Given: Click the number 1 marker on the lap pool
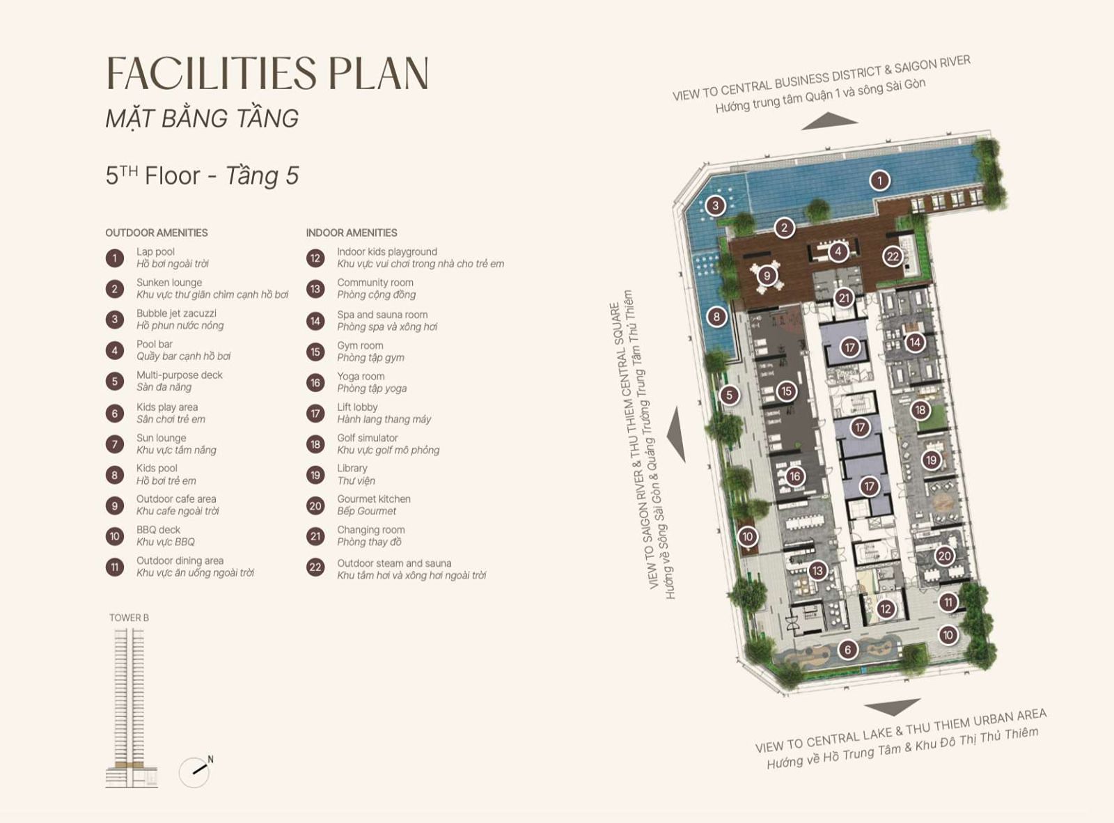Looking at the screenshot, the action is click(879, 180).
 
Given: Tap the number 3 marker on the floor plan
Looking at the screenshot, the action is click(715, 205).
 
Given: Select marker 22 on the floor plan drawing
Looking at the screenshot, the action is click(893, 257).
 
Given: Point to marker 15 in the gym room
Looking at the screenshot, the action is click(786, 391).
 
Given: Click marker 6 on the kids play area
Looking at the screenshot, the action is click(847, 650).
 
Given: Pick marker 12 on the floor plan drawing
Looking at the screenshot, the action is click(886, 609).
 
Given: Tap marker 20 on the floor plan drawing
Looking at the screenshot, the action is click(944, 556).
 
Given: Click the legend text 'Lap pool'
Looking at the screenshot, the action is click(156, 252).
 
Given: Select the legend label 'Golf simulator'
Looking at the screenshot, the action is click(367, 438).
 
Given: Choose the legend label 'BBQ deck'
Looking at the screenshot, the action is click(158, 530).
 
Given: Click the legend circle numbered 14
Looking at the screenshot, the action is click(315, 321).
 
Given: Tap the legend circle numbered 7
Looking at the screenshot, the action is click(114, 444).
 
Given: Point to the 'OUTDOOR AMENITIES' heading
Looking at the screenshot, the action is click(156, 233).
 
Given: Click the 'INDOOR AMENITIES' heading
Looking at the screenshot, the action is click(352, 233).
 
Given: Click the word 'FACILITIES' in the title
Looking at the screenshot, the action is click(212, 73).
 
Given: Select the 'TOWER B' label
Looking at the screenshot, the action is click(129, 618).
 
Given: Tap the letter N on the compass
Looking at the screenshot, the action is click(210, 759).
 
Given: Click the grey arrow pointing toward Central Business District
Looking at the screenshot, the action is click(829, 122).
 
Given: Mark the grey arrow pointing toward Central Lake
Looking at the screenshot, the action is click(893, 707).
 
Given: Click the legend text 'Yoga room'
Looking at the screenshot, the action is click(361, 376).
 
